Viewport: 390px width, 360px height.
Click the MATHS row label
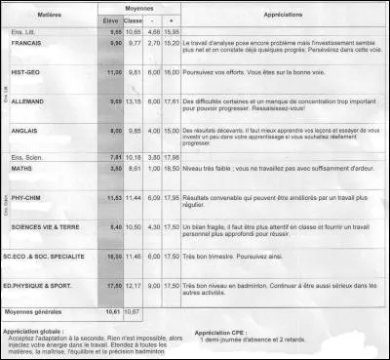tap(23, 168)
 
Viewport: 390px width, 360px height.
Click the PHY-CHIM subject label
tap(27, 197)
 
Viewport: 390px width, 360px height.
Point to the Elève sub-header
tap(112, 20)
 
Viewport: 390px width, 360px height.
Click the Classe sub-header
tap(136, 20)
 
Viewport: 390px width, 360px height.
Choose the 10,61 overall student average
tap(112, 311)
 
